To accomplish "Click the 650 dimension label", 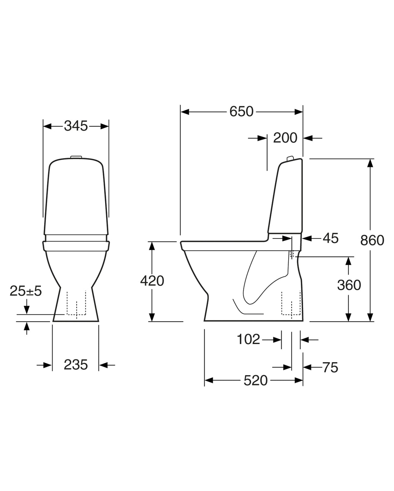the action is (x=241, y=112).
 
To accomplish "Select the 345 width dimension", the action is (x=76, y=126).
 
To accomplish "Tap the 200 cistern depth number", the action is (x=285, y=138).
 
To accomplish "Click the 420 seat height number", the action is (x=152, y=281).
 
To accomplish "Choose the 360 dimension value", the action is (x=349, y=285).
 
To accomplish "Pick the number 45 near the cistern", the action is (x=331, y=239).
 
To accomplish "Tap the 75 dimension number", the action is (x=330, y=368).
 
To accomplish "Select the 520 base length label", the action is (x=255, y=381).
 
